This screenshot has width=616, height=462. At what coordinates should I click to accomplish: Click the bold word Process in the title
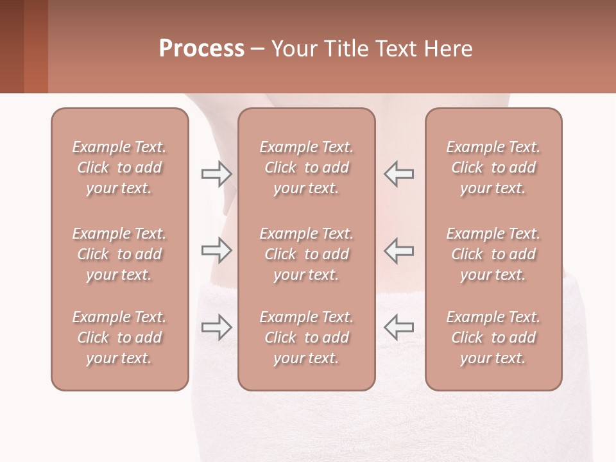[201, 49]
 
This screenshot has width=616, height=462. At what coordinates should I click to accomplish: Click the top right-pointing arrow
[216, 173]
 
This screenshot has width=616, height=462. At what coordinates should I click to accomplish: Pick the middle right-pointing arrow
[216, 250]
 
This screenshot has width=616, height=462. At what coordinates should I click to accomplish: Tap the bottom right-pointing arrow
[216, 327]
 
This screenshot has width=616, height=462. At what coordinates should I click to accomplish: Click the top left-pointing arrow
[399, 173]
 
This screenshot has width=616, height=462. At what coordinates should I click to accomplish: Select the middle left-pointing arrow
[399, 250]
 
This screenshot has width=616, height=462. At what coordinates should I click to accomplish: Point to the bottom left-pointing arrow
[399, 327]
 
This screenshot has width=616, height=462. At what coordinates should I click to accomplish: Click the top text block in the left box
[119, 167]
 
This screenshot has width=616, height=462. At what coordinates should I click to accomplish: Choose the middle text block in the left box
[119, 254]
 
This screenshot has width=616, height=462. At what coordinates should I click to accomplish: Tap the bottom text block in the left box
[119, 338]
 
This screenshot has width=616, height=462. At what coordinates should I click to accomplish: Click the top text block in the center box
[306, 167]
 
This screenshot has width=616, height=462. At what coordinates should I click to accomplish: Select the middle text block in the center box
[306, 254]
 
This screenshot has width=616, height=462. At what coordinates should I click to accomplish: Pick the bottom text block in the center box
[306, 338]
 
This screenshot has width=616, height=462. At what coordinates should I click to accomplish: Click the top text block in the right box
[493, 167]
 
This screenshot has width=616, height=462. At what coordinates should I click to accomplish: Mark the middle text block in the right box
[493, 254]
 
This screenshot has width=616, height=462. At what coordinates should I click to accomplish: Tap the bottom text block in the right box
[493, 338]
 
